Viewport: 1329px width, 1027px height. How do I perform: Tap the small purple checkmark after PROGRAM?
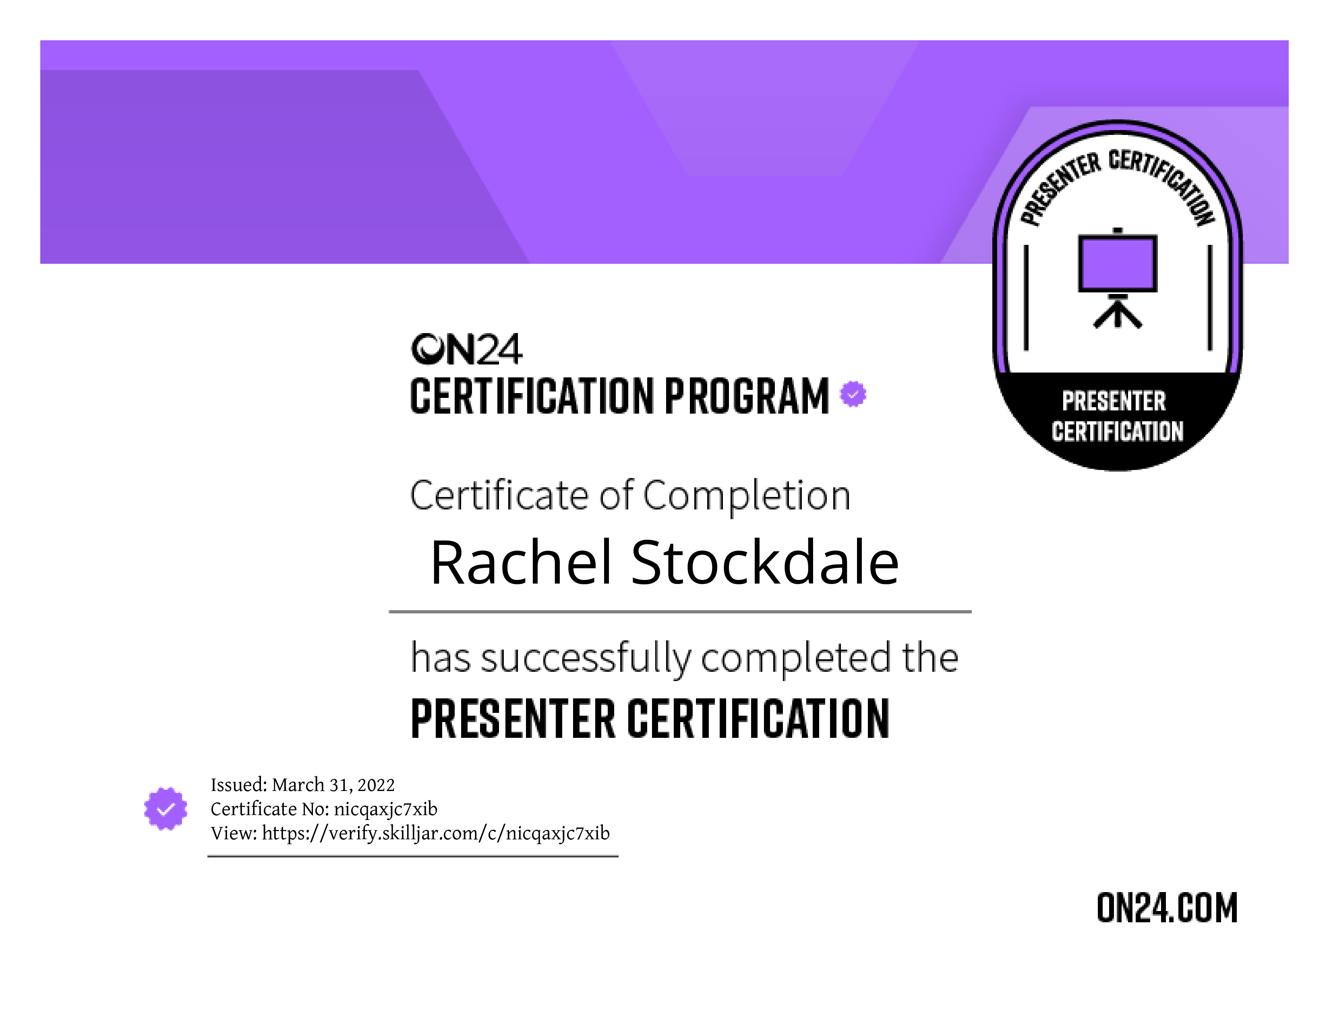pos(853,394)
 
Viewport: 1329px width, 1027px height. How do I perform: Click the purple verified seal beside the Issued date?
pos(166,809)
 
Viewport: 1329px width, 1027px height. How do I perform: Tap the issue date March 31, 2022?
pos(333,785)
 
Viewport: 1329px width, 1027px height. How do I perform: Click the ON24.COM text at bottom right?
pos(1167,908)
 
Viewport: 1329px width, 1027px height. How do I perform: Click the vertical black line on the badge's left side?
pos(1026,298)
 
